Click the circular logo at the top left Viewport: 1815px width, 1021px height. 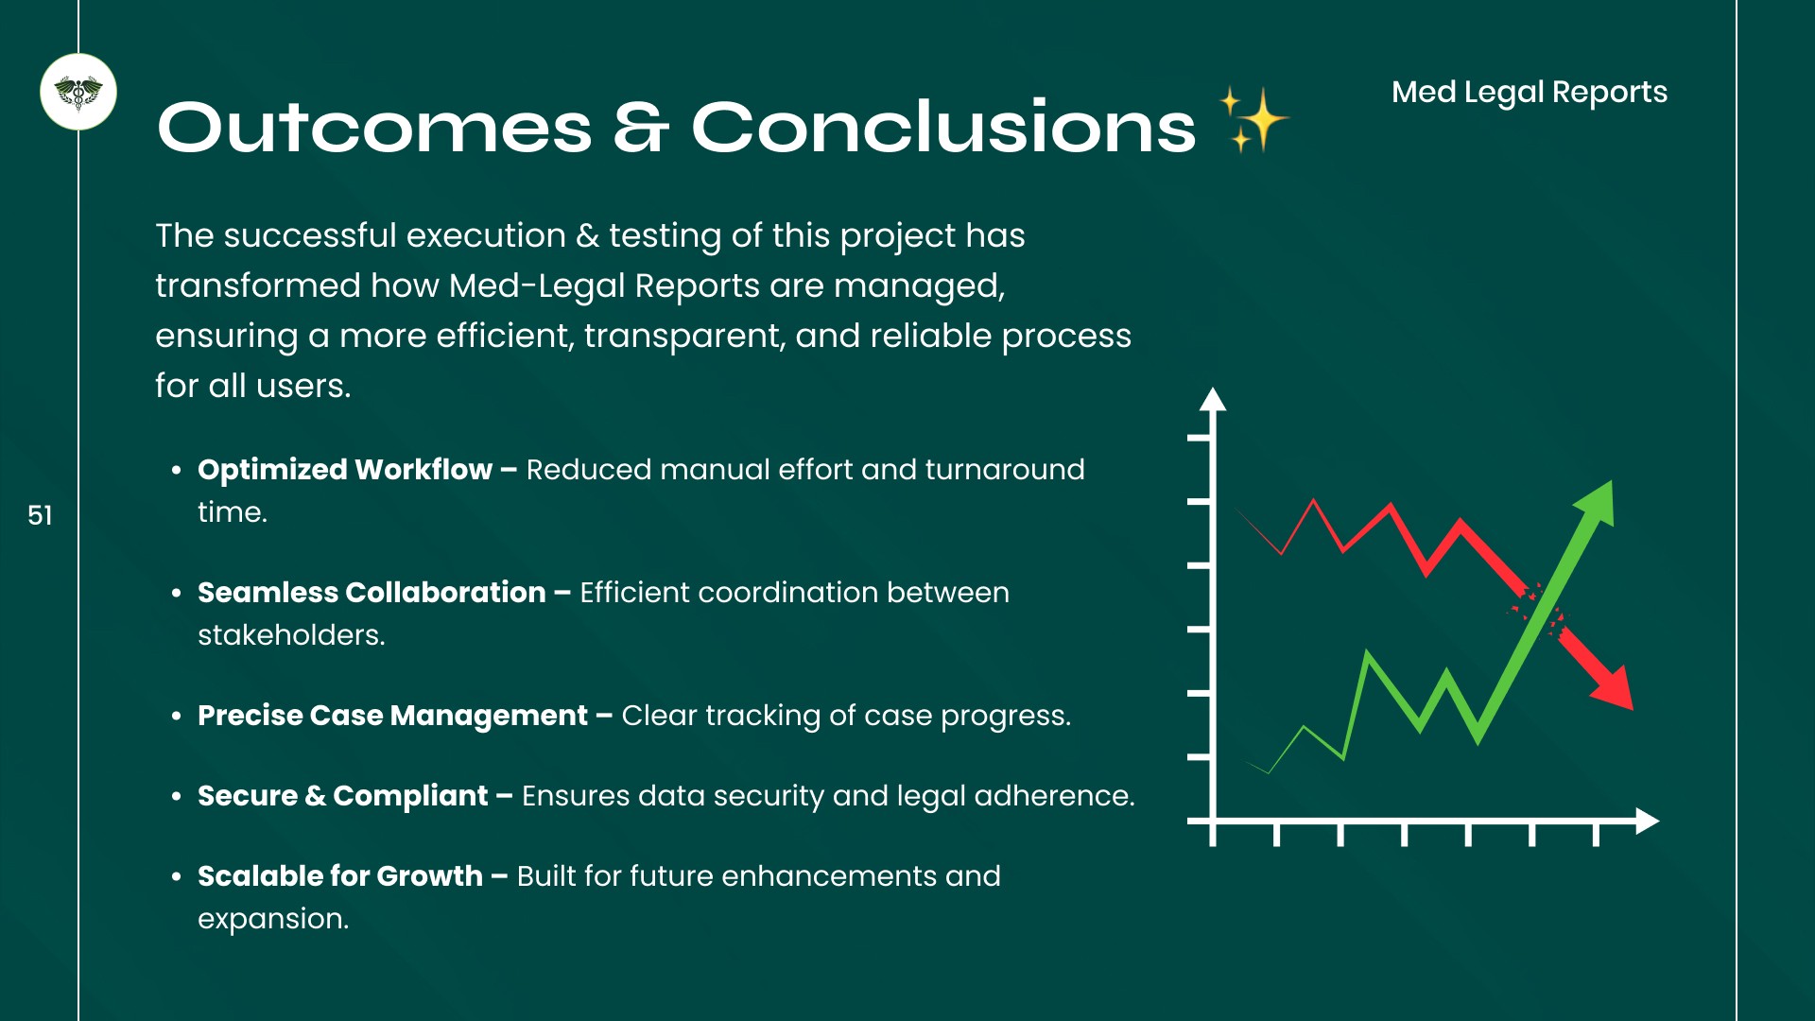pos(78,92)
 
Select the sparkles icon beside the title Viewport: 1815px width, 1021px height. pos(1254,119)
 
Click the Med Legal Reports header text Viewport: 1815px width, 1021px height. pos(1530,92)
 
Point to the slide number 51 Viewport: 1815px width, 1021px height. pos(40,515)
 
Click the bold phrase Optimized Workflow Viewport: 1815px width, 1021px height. pos(345,469)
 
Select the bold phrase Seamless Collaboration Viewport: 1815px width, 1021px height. pos(372,592)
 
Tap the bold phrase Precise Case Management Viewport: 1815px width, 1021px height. pos(392,716)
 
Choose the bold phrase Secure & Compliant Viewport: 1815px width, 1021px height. pos(343,796)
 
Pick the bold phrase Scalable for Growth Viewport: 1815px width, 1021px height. pos(340,876)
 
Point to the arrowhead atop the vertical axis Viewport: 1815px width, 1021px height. pos(1213,399)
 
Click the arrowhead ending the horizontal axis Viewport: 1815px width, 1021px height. pos(1648,821)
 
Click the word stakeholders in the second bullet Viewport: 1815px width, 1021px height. pos(291,635)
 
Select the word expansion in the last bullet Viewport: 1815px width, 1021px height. pos(273,919)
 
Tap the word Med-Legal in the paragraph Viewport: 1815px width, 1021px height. pos(537,286)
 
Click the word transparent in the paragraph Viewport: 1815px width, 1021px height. pos(684,337)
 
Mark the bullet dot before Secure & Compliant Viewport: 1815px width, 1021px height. pos(177,797)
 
